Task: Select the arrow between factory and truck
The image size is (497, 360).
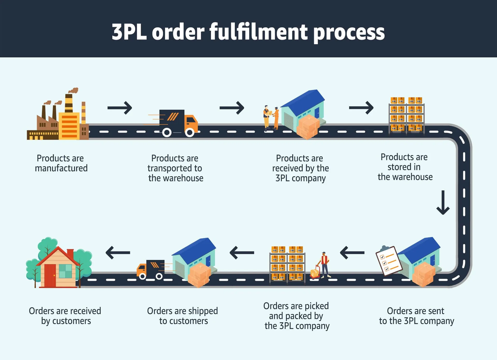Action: click(x=120, y=108)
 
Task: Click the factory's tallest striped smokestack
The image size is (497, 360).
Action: click(x=69, y=103)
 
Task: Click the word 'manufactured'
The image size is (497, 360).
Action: click(x=61, y=168)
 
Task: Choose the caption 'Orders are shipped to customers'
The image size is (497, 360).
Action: click(x=182, y=316)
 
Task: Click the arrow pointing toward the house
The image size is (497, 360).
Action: click(x=118, y=253)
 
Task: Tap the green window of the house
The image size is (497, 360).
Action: click(x=65, y=271)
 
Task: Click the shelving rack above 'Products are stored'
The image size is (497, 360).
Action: click(x=406, y=115)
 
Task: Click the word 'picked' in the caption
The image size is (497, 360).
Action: click(x=317, y=306)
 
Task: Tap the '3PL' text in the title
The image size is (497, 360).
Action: click(x=129, y=32)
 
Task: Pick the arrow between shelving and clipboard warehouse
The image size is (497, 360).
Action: click(x=352, y=253)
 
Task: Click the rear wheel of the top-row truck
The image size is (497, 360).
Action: click(x=167, y=132)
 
